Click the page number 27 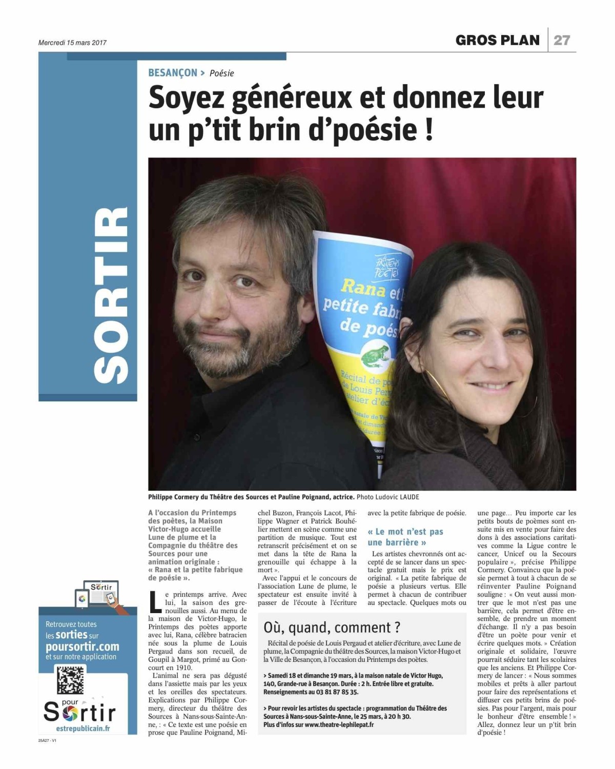[562, 40]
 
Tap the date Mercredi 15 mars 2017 [72, 43]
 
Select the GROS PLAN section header [497, 40]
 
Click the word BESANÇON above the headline [173, 73]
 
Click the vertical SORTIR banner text [112, 295]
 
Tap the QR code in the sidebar [70, 680]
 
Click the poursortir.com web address [82, 646]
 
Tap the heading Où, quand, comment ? [332, 628]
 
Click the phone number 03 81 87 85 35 [334, 692]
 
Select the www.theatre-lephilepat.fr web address [339, 724]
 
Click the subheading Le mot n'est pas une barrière [405, 537]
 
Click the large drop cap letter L [155, 602]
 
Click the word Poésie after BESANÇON [221, 73]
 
